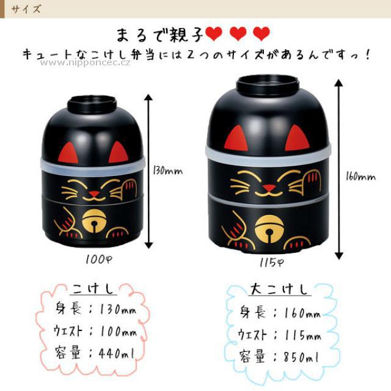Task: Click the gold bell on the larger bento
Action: (x=269, y=229)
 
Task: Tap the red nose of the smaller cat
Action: (x=93, y=194)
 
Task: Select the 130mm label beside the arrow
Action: (x=167, y=170)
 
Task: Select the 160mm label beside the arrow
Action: (x=360, y=177)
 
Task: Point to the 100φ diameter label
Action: (x=98, y=260)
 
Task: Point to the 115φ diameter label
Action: (x=271, y=262)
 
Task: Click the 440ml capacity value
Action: (x=117, y=353)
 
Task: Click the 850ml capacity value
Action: (x=301, y=357)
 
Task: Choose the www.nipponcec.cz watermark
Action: (x=85, y=62)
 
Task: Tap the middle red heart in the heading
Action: (x=238, y=34)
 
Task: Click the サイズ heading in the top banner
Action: (x=26, y=10)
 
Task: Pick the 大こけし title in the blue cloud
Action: (x=279, y=289)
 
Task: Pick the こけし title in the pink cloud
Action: (x=93, y=289)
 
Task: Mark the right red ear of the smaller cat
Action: (x=119, y=152)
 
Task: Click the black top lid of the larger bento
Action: (x=268, y=86)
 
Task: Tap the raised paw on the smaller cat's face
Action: (x=130, y=188)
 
